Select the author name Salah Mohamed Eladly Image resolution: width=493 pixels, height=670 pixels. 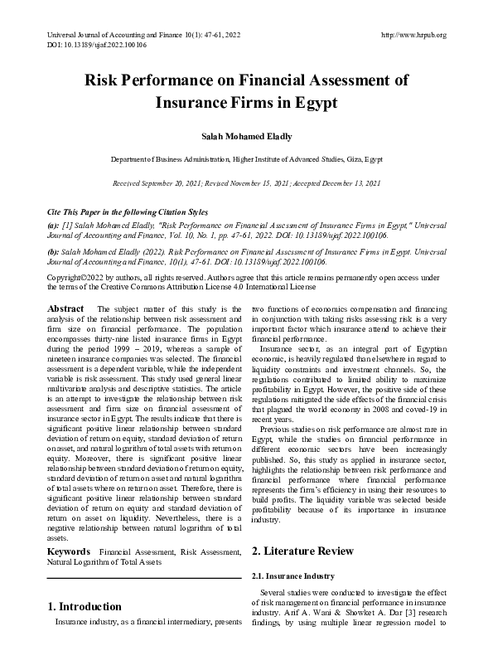246,136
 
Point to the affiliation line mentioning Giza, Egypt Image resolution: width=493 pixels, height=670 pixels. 246,158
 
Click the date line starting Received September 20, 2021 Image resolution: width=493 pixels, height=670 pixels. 246,182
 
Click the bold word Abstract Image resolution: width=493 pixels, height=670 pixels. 65,309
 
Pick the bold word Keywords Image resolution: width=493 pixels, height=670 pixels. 69,551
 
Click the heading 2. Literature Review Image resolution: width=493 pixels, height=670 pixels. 302,551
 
